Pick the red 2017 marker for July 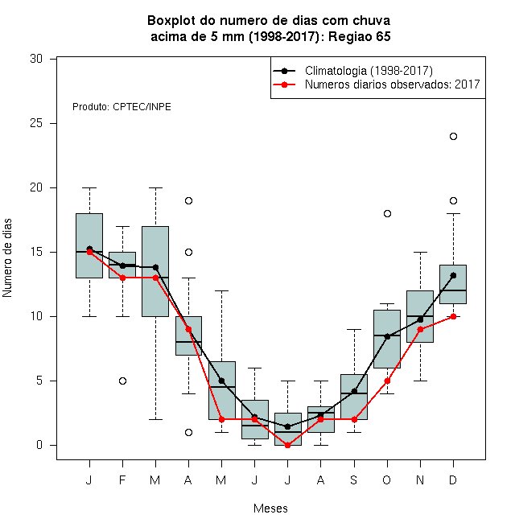pos(287,446)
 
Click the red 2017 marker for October pos(387,381)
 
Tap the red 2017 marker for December pos(453,317)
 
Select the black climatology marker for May pos(221,381)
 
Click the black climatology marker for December pos(453,275)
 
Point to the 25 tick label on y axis pos(36,123)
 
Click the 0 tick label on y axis pos(39,445)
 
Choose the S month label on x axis pos(354,480)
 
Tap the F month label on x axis pos(122,480)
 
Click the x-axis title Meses pos(270,508)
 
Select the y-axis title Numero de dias pos(7,258)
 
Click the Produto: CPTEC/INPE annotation pos(122,107)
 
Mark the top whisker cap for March pos(155,187)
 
